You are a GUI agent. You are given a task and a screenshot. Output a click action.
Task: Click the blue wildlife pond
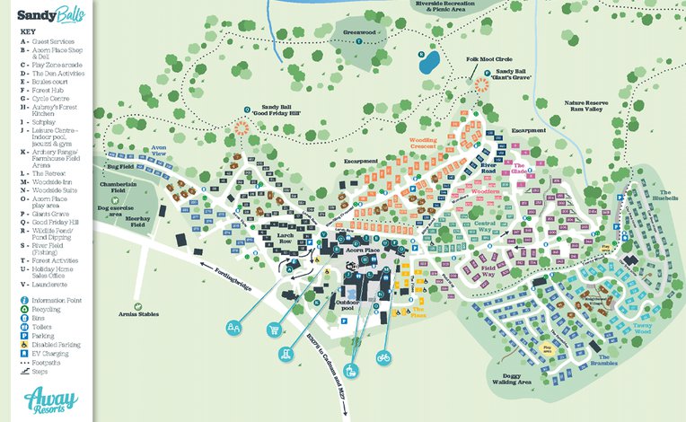coord(428,61)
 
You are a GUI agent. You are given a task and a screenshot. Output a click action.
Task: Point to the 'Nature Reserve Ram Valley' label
coord(586,106)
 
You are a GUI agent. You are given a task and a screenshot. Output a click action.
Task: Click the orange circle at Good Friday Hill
coord(242,127)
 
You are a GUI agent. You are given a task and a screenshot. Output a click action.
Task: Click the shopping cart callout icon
coord(272,330)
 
